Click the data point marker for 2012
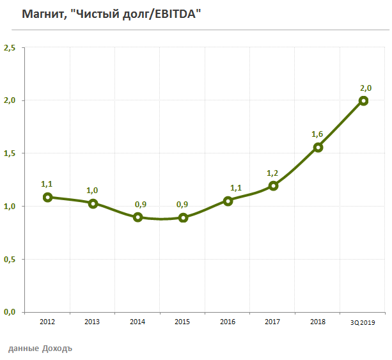(x=47, y=197)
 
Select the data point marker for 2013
(x=93, y=203)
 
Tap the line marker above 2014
(x=137, y=217)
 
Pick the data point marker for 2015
(x=183, y=217)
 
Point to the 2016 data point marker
(x=228, y=201)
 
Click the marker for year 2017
(x=273, y=185)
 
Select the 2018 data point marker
(x=318, y=147)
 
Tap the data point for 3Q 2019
(x=363, y=100)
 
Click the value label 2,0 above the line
(x=365, y=88)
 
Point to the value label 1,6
(x=317, y=134)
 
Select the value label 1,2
(x=273, y=173)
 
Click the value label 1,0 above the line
(x=93, y=190)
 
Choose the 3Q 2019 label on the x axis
(x=363, y=322)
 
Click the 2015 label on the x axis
(x=183, y=322)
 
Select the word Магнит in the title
(x=42, y=13)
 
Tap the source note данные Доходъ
(x=40, y=349)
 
